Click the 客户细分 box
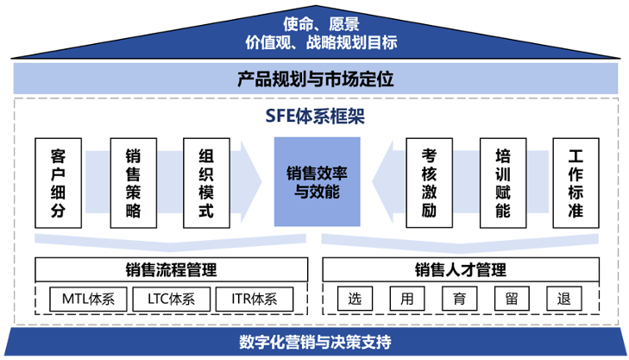(60, 182)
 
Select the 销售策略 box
(133, 182)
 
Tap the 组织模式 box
(205, 182)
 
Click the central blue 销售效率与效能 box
(317, 182)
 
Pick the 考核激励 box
(429, 182)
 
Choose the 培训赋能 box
(503, 182)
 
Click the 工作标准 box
(575, 182)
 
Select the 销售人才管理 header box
(460, 270)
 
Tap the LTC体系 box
(172, 300)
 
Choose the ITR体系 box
(255, 300)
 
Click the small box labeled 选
(355, 300)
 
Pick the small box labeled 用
(407, 300)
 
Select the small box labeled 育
(460, 300)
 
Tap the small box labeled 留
(513, 300)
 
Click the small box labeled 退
(565, 300)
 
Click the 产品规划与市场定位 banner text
(315, 80)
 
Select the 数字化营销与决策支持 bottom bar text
(315, 341)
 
